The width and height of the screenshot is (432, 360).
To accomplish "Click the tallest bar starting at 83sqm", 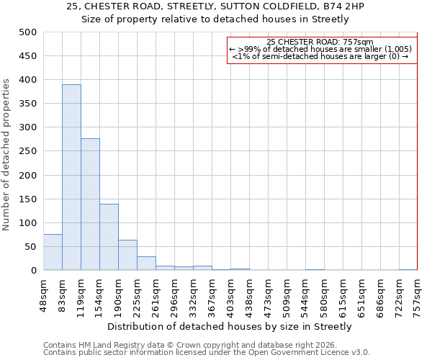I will (71, 177).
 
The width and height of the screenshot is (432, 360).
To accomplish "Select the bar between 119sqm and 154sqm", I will (90, 204).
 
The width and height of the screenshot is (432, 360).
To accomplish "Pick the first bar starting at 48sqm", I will (53, 252).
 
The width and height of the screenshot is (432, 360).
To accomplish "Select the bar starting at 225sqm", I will (146, 264).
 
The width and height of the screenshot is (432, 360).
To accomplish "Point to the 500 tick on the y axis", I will (28, 32).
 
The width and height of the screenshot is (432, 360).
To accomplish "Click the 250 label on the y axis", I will (28, 151).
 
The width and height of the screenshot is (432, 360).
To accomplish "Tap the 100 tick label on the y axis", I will (28, 223).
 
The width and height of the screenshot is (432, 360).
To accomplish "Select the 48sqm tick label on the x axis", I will (43, 292).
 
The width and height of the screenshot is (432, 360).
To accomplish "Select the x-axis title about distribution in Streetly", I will (230, 326).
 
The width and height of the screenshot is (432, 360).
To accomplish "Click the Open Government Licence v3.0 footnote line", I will (207, 353).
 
